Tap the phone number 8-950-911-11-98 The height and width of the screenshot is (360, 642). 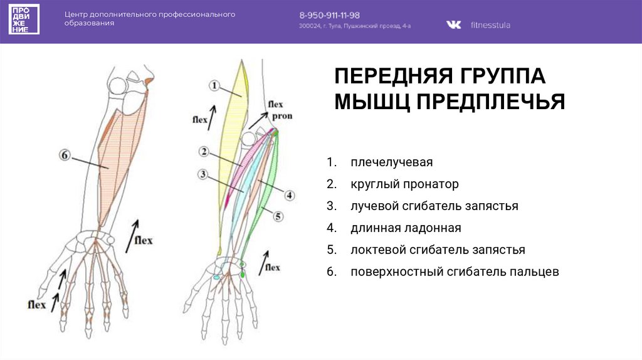pos(329,14)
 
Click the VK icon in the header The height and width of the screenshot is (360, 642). pos(453,25)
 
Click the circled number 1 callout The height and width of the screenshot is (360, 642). pos(214,85)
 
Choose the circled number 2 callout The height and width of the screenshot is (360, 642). pos(204,151)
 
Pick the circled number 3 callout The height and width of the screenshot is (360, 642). pos(202,174)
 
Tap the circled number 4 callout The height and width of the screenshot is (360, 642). pos(289,195)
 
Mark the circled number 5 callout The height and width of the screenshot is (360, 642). pos(278,216)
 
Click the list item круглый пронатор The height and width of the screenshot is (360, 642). pos(404,184)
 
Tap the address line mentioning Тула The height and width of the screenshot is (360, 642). pos(354,26)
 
